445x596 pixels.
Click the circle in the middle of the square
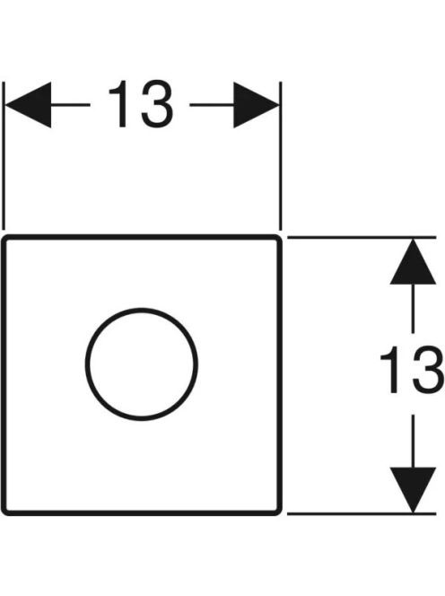86,364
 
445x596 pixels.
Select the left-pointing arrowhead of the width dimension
29,105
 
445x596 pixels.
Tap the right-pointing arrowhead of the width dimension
256,105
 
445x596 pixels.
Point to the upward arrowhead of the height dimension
413,262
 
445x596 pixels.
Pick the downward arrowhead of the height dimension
413,489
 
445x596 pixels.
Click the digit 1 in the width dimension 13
119,104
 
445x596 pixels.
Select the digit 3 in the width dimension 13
157,104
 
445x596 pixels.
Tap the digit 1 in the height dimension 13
391,370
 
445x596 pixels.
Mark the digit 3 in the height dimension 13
428,370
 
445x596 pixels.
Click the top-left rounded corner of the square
4,239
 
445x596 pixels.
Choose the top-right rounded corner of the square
279,239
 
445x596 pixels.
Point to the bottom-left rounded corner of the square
4,512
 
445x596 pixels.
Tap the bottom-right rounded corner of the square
279,512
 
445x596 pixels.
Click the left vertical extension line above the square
4,156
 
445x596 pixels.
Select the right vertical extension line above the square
281,156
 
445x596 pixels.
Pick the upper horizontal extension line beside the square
362,237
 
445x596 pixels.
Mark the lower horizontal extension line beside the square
362,514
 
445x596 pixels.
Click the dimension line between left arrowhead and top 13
71,104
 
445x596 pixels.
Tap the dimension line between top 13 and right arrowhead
212,104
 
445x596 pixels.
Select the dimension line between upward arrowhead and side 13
413,309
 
